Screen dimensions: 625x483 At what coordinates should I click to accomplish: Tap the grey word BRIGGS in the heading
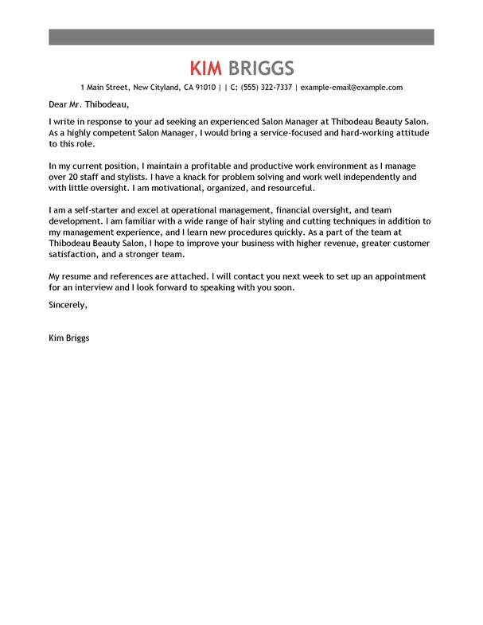(x=261, y=68)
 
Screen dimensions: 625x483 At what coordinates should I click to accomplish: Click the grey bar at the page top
(x=241, y=37)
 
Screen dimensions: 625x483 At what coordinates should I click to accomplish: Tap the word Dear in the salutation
(x=60, y=104)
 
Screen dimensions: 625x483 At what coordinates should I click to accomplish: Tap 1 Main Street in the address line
(x=105, y=88)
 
